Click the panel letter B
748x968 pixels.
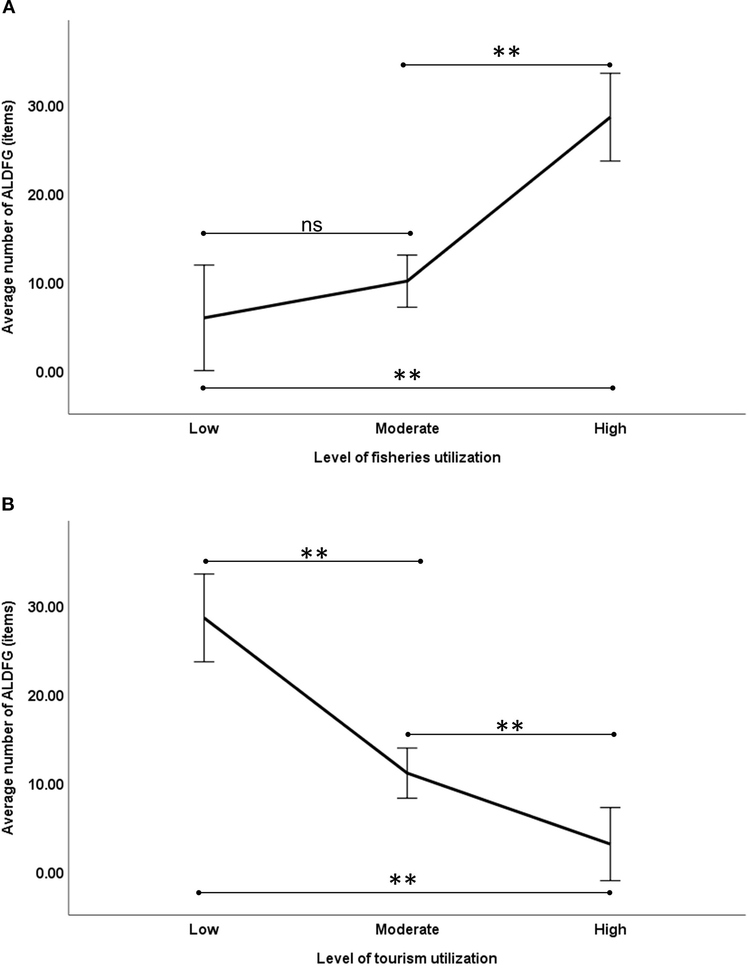pos(8,504)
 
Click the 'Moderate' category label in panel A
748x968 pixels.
pos(407,428)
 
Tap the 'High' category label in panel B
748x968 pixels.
pos(610,929)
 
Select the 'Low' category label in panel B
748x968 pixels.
pos(204,929)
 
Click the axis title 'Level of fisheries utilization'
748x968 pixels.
pos(407,457)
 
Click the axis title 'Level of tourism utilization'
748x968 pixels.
pos(407,958)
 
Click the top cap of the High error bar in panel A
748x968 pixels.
pos(610,74)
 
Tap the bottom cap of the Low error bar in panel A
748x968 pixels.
pos(204,370)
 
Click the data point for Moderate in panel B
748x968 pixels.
pos(407,773)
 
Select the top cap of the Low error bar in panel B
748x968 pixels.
pos(204,574)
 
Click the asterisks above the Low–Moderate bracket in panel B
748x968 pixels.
pos(314,553)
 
